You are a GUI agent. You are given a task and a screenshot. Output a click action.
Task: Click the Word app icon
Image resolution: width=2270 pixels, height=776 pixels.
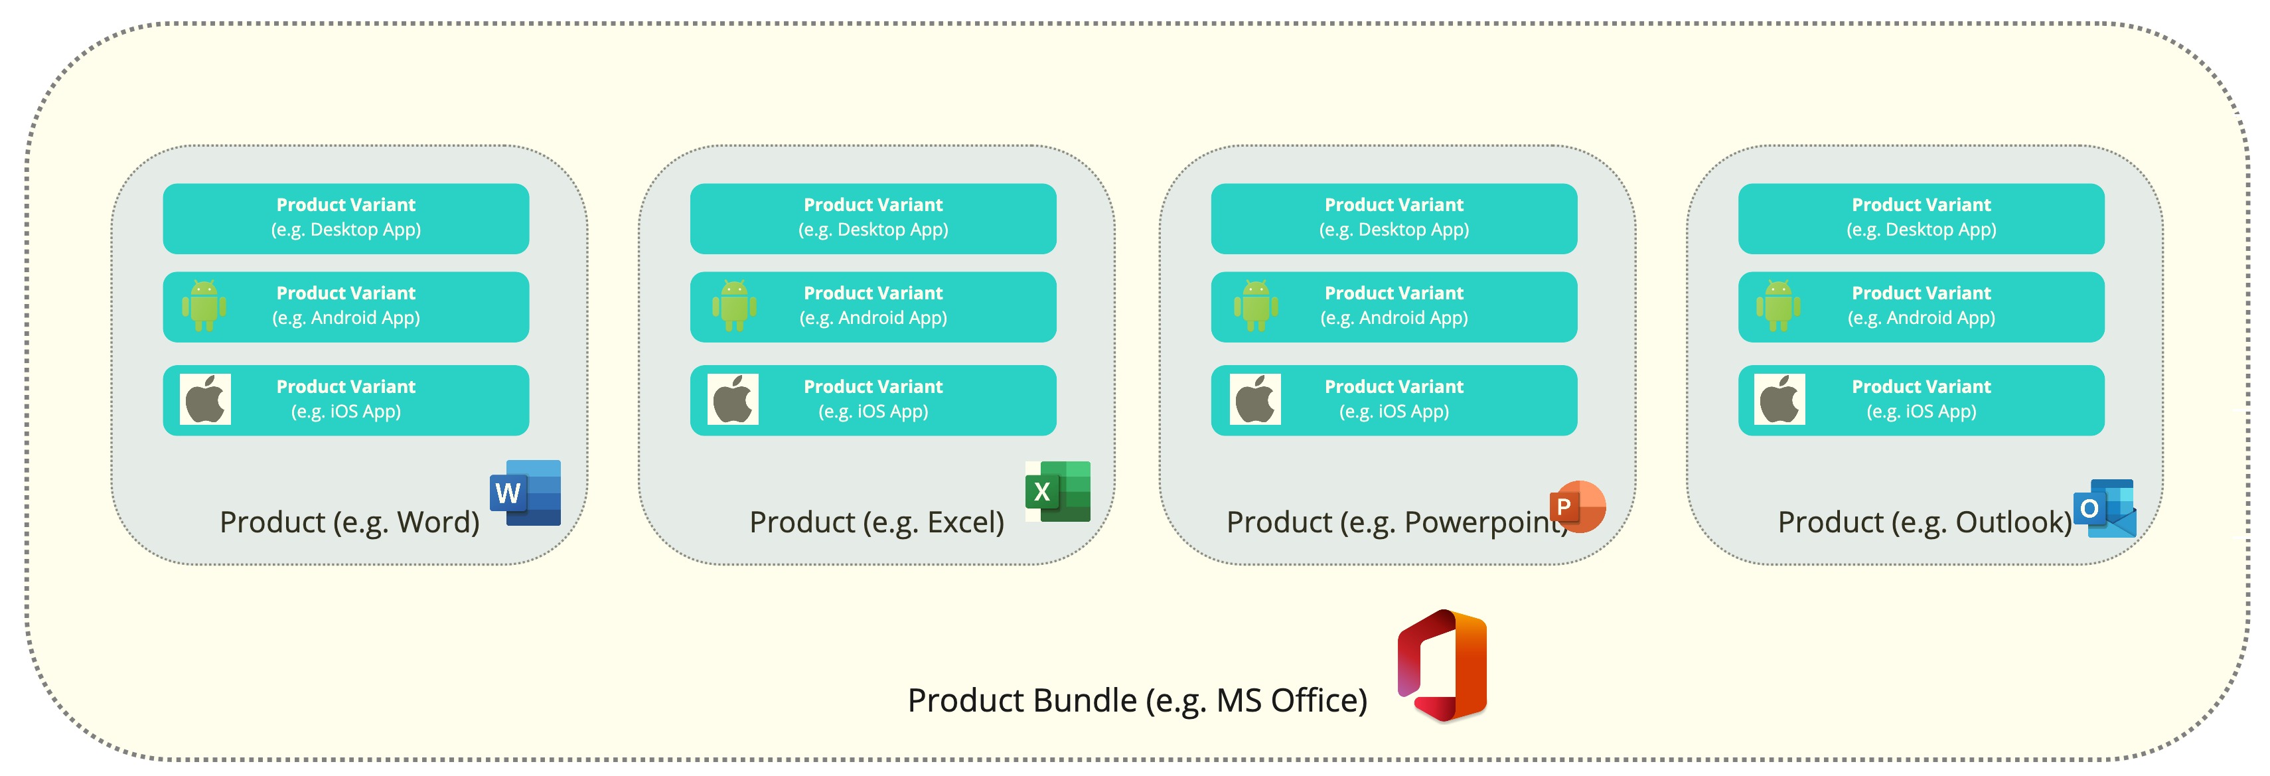(x=526, y=493)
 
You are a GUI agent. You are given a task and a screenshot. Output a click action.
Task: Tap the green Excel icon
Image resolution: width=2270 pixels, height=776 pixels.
(x=1057, y=491)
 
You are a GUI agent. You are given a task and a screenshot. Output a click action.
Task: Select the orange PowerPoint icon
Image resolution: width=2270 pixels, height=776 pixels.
(x=1578, y=506)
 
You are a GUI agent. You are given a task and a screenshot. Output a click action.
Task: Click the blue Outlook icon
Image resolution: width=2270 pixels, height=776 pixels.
(x=2105, y=508)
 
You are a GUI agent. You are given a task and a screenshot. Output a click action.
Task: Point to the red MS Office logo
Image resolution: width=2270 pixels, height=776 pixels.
(x=1442, y=665)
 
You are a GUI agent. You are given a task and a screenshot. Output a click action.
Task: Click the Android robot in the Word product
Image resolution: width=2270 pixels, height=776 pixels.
(x=204, y=305)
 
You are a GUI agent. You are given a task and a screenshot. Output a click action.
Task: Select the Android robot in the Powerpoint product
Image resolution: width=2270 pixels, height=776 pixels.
(x=1256, y=305)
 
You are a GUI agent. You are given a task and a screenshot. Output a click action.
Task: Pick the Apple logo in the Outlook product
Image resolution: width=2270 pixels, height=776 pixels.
(x=1779, y=399)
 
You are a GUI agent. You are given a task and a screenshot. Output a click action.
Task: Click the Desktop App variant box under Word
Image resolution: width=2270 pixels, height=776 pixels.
(x=345, y=218)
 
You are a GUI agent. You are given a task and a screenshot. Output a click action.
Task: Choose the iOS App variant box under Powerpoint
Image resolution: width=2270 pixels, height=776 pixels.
(x=1394, y=400)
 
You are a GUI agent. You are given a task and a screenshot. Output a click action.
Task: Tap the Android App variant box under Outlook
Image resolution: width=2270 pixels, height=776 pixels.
(x=1921, y=307)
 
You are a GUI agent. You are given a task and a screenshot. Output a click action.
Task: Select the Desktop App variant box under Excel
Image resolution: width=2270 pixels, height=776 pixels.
(x=872, y=218)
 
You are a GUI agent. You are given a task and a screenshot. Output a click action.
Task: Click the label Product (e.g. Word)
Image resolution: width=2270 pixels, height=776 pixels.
(x=349, y=522)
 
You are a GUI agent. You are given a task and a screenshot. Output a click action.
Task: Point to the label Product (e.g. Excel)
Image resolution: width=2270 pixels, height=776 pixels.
(x=876, y=522)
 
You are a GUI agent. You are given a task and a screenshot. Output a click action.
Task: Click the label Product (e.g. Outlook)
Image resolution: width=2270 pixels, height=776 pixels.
(x=1925, y=522)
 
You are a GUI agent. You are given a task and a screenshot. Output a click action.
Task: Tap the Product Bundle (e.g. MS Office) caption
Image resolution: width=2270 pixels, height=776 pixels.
(x=1137, y=700)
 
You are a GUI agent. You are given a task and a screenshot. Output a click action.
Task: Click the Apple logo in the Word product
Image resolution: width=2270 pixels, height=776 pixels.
(x=205, y=399)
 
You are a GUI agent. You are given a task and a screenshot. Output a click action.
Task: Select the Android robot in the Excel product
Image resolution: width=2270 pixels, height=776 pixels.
(x=734, y=305)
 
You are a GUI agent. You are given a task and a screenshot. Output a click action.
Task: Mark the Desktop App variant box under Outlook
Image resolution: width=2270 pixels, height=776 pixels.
(x=1921, y=218)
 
